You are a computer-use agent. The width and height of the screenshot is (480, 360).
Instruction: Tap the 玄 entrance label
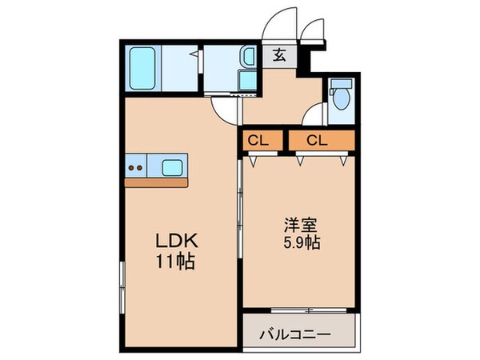(281, 55)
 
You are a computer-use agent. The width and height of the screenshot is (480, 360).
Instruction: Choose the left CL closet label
(258, 141)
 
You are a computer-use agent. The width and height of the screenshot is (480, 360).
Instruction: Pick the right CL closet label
(317, 141)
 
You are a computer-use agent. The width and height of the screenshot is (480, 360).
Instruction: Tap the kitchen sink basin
(173, 168)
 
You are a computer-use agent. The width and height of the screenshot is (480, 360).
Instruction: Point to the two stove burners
(134, 168)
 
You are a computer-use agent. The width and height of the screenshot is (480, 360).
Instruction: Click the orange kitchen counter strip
(156, 182)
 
